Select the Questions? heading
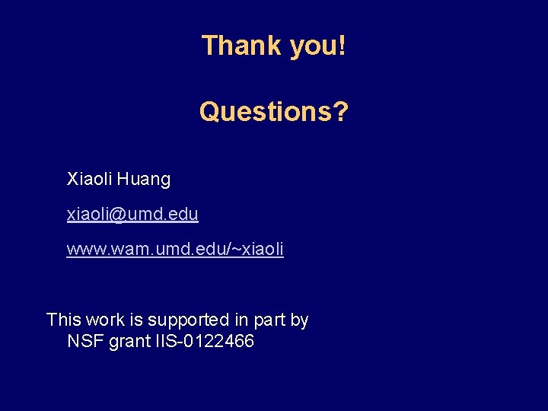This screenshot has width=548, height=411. tap(273, 112)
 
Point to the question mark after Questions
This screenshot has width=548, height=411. tap(341, 112)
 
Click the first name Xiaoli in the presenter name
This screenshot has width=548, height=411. tap(89, 180)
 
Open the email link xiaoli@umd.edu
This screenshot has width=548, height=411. tap(132, 215)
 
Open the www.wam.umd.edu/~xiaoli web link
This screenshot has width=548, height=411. tap(175, 249)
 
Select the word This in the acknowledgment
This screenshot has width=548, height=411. tap(63, 320)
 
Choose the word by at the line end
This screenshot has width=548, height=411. tap(300, 320)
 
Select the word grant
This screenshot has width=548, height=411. tap(130, 342)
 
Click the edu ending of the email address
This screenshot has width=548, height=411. tap(183, 215)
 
